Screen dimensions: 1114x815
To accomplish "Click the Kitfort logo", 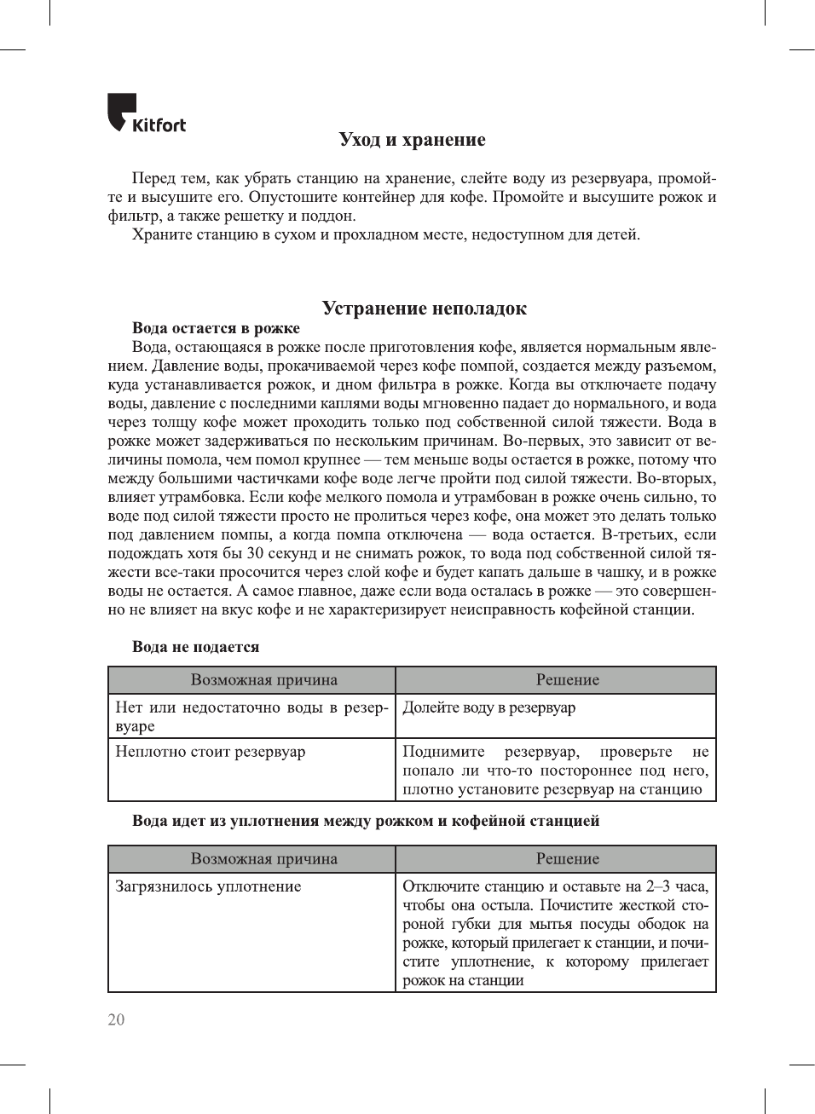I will pyautogui.click(x=146, y=114).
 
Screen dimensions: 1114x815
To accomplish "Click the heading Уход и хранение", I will pyautogui.click(x=412, y=140).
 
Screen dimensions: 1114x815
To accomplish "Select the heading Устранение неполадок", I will pyautogui.click(x=424, y=309).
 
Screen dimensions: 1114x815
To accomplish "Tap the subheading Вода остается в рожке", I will pyautogui.click(x=216, y=328).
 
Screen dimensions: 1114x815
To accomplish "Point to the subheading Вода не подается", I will pyautogui.click(x=195, y=647).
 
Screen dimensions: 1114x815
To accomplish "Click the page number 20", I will pyautogui.click(x=116, y=1019).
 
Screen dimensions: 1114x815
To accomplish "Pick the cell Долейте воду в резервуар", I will pyautogui.click(x=488, y=707).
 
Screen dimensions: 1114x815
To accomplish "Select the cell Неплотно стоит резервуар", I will pyautogui.click(x=210, y=752).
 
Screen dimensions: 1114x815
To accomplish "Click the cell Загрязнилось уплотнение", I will pyautogui.click(x=208, y=886).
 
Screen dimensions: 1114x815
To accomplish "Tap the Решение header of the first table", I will pyautogui.click(x=567, y=680).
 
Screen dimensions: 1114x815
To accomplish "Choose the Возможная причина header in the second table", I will pyautogui.click(x=263, y=859).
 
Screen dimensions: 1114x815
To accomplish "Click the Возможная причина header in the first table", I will pyautogui.click(x=263, y=680).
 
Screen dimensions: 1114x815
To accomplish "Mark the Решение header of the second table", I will pyautogui.click(x=567, y=859).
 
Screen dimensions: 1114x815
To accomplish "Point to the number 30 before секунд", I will pyautogui.click(x=255, y=553).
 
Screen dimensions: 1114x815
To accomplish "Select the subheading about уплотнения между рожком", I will pyautogui.click(x=366, y=821).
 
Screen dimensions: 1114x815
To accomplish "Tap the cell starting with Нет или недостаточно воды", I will pyautogui.click(x=251, y=716).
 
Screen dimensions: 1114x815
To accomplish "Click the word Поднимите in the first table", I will pyautogui.click(x=443, y=752).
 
